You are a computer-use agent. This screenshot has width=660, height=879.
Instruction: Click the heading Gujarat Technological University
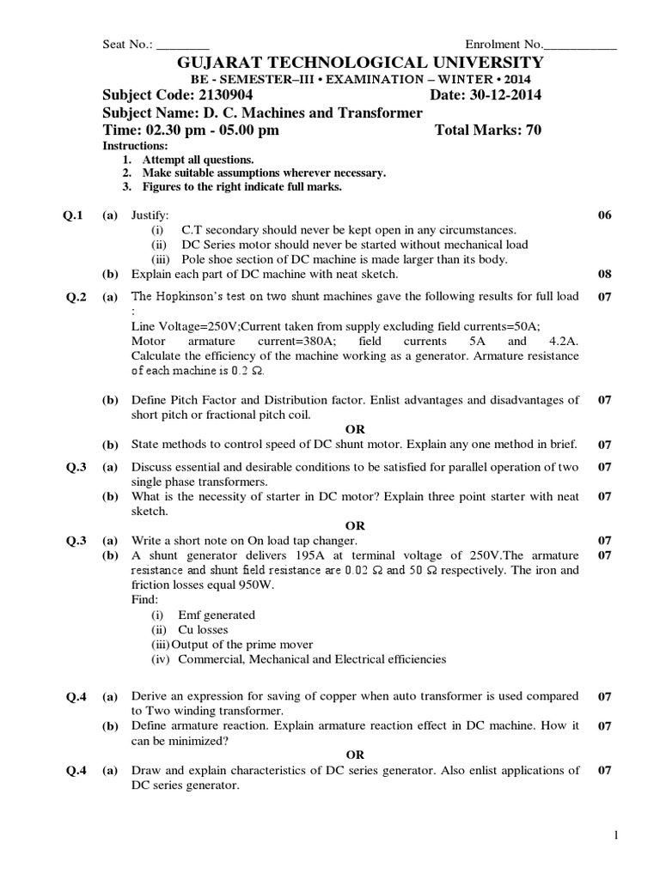[x=359, y=63]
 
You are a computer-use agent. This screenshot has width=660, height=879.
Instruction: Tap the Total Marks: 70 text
[x=489, y=130]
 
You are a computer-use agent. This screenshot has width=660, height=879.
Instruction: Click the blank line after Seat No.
[x=183, y=45]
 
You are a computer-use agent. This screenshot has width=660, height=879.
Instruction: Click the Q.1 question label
[x=72, y=215]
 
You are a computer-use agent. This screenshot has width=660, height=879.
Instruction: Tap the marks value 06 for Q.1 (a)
[x=604, y=215]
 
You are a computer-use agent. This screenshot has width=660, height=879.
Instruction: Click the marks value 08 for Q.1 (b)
[x=604, y=275]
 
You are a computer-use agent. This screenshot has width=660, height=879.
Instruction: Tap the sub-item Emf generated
[x=216, y=615]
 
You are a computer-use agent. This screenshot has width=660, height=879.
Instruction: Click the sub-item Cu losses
[x=202, y=629]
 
